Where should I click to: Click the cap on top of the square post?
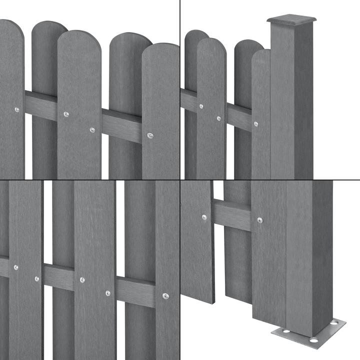pyautogui.click(x=292, y=20)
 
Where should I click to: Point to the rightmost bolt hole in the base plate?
pyautogui.click(x=333, y=324)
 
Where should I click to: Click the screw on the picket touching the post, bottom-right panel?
pyautogui.click(x=259, y=220)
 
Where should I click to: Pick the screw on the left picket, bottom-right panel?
pyautogui.click(x=204, y=217)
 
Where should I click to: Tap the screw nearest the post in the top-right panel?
pyautogui.click(x=255, y=124)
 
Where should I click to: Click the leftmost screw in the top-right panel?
pyautogui.click(x=201, y=106)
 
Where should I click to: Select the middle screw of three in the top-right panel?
pyautogui.click(x=218, y=118)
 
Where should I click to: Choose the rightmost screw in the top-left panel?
pyautogui.click(x=150, y=135)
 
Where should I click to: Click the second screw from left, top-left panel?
pyautogui.click(x=66, y=114)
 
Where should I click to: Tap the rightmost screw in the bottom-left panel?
pyautogui.click(x=165, y=295)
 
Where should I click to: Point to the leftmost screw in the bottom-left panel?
pyautogui.click(x=16, y=267)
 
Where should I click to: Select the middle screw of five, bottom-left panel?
pyautogui.click(x=82, y=280)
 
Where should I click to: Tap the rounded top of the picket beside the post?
pyautogui.click(x=260, y=56)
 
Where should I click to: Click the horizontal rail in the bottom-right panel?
pyautogui.click(x=232, y=214)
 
